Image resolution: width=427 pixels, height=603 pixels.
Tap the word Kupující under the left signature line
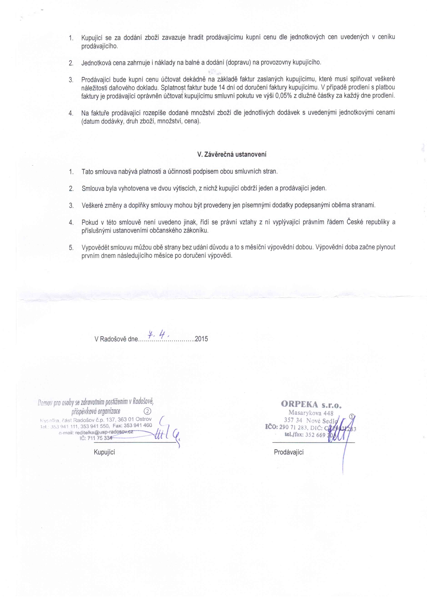pyautogui.click(x=104, y=452)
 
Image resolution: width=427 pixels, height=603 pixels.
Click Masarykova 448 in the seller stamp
pyautogui.click(x=311, y=413)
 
